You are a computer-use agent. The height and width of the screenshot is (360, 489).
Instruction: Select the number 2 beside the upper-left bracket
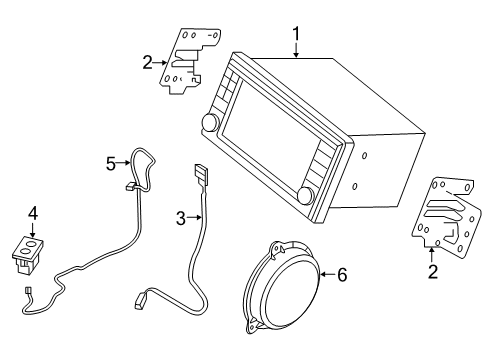coord(147,63)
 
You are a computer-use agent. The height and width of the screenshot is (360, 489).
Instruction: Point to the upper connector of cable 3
coord(199,174)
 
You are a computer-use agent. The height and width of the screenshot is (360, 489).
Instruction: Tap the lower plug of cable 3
coord(145,298)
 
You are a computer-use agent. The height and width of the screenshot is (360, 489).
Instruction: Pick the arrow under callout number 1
coord(296,52)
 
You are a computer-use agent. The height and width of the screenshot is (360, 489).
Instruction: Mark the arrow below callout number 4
coord(32,229)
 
